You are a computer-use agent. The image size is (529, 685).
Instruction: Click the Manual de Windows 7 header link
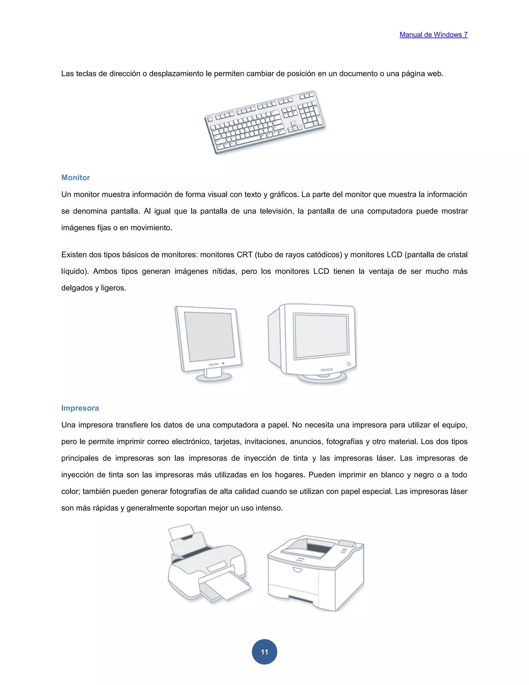[x=433, y=35]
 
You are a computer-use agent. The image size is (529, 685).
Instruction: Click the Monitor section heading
[x=75, y=178]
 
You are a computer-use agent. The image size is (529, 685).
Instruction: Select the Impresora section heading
[x=80, y=408]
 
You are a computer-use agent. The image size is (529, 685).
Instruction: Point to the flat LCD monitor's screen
[x=209, y=337]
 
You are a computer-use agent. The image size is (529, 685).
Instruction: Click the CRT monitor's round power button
[x=349, y=364]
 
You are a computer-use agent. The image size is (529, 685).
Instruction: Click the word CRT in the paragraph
[x=244, y=255]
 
